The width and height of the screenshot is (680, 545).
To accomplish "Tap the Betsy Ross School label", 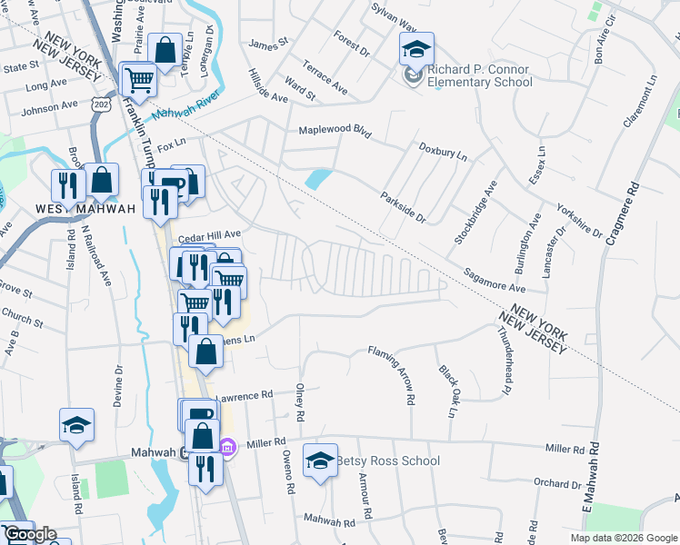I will click(388, 461).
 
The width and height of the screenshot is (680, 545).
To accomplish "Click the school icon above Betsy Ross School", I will click(320, 462).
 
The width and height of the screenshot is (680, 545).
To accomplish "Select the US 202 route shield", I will click(97, 106).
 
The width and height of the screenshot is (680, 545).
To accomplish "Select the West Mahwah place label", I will click(86, 209).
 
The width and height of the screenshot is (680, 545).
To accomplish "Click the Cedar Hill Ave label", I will click(209, 236).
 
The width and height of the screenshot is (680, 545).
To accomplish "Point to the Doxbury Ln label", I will click(443, 151).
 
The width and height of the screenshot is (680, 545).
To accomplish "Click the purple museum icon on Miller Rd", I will click(227, 446).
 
